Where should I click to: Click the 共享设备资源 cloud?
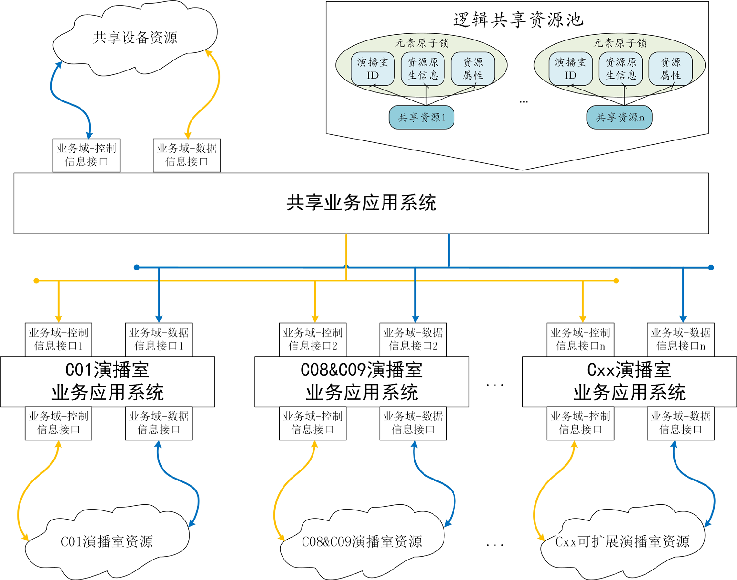click(x=135, y=38)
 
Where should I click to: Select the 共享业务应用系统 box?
click(x=361, y=203)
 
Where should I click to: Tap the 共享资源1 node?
click(x=421, y=118)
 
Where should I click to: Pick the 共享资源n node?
click(x=619, y=118)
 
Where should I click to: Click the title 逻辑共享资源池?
click(x=518, y=20)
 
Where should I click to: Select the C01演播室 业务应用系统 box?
click(x=107, y=381)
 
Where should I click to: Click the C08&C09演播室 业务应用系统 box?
click(x=362, y=381)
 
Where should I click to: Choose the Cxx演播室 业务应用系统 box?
click(x=629, y=381)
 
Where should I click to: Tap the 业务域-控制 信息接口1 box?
click(x=58, y=339)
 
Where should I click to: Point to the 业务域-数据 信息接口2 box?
click(x=413, y=339)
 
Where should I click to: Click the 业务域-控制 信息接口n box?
click(x=580, y=339)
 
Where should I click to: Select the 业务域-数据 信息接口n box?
click(x=680, y=339)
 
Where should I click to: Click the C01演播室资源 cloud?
click(x=107, y=542)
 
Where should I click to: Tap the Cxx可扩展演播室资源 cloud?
click(x=622, y=542)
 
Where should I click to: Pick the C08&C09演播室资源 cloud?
click(x=362, y=542)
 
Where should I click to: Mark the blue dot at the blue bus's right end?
click(x=711, y=268)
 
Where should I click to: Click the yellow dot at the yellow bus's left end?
click(x=36, y=281)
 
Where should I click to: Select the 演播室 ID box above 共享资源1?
click(x=373, y=69)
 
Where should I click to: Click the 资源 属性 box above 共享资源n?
click(x=670, y=69)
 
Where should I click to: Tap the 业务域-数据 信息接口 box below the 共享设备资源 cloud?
click(x=187, y=155)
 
